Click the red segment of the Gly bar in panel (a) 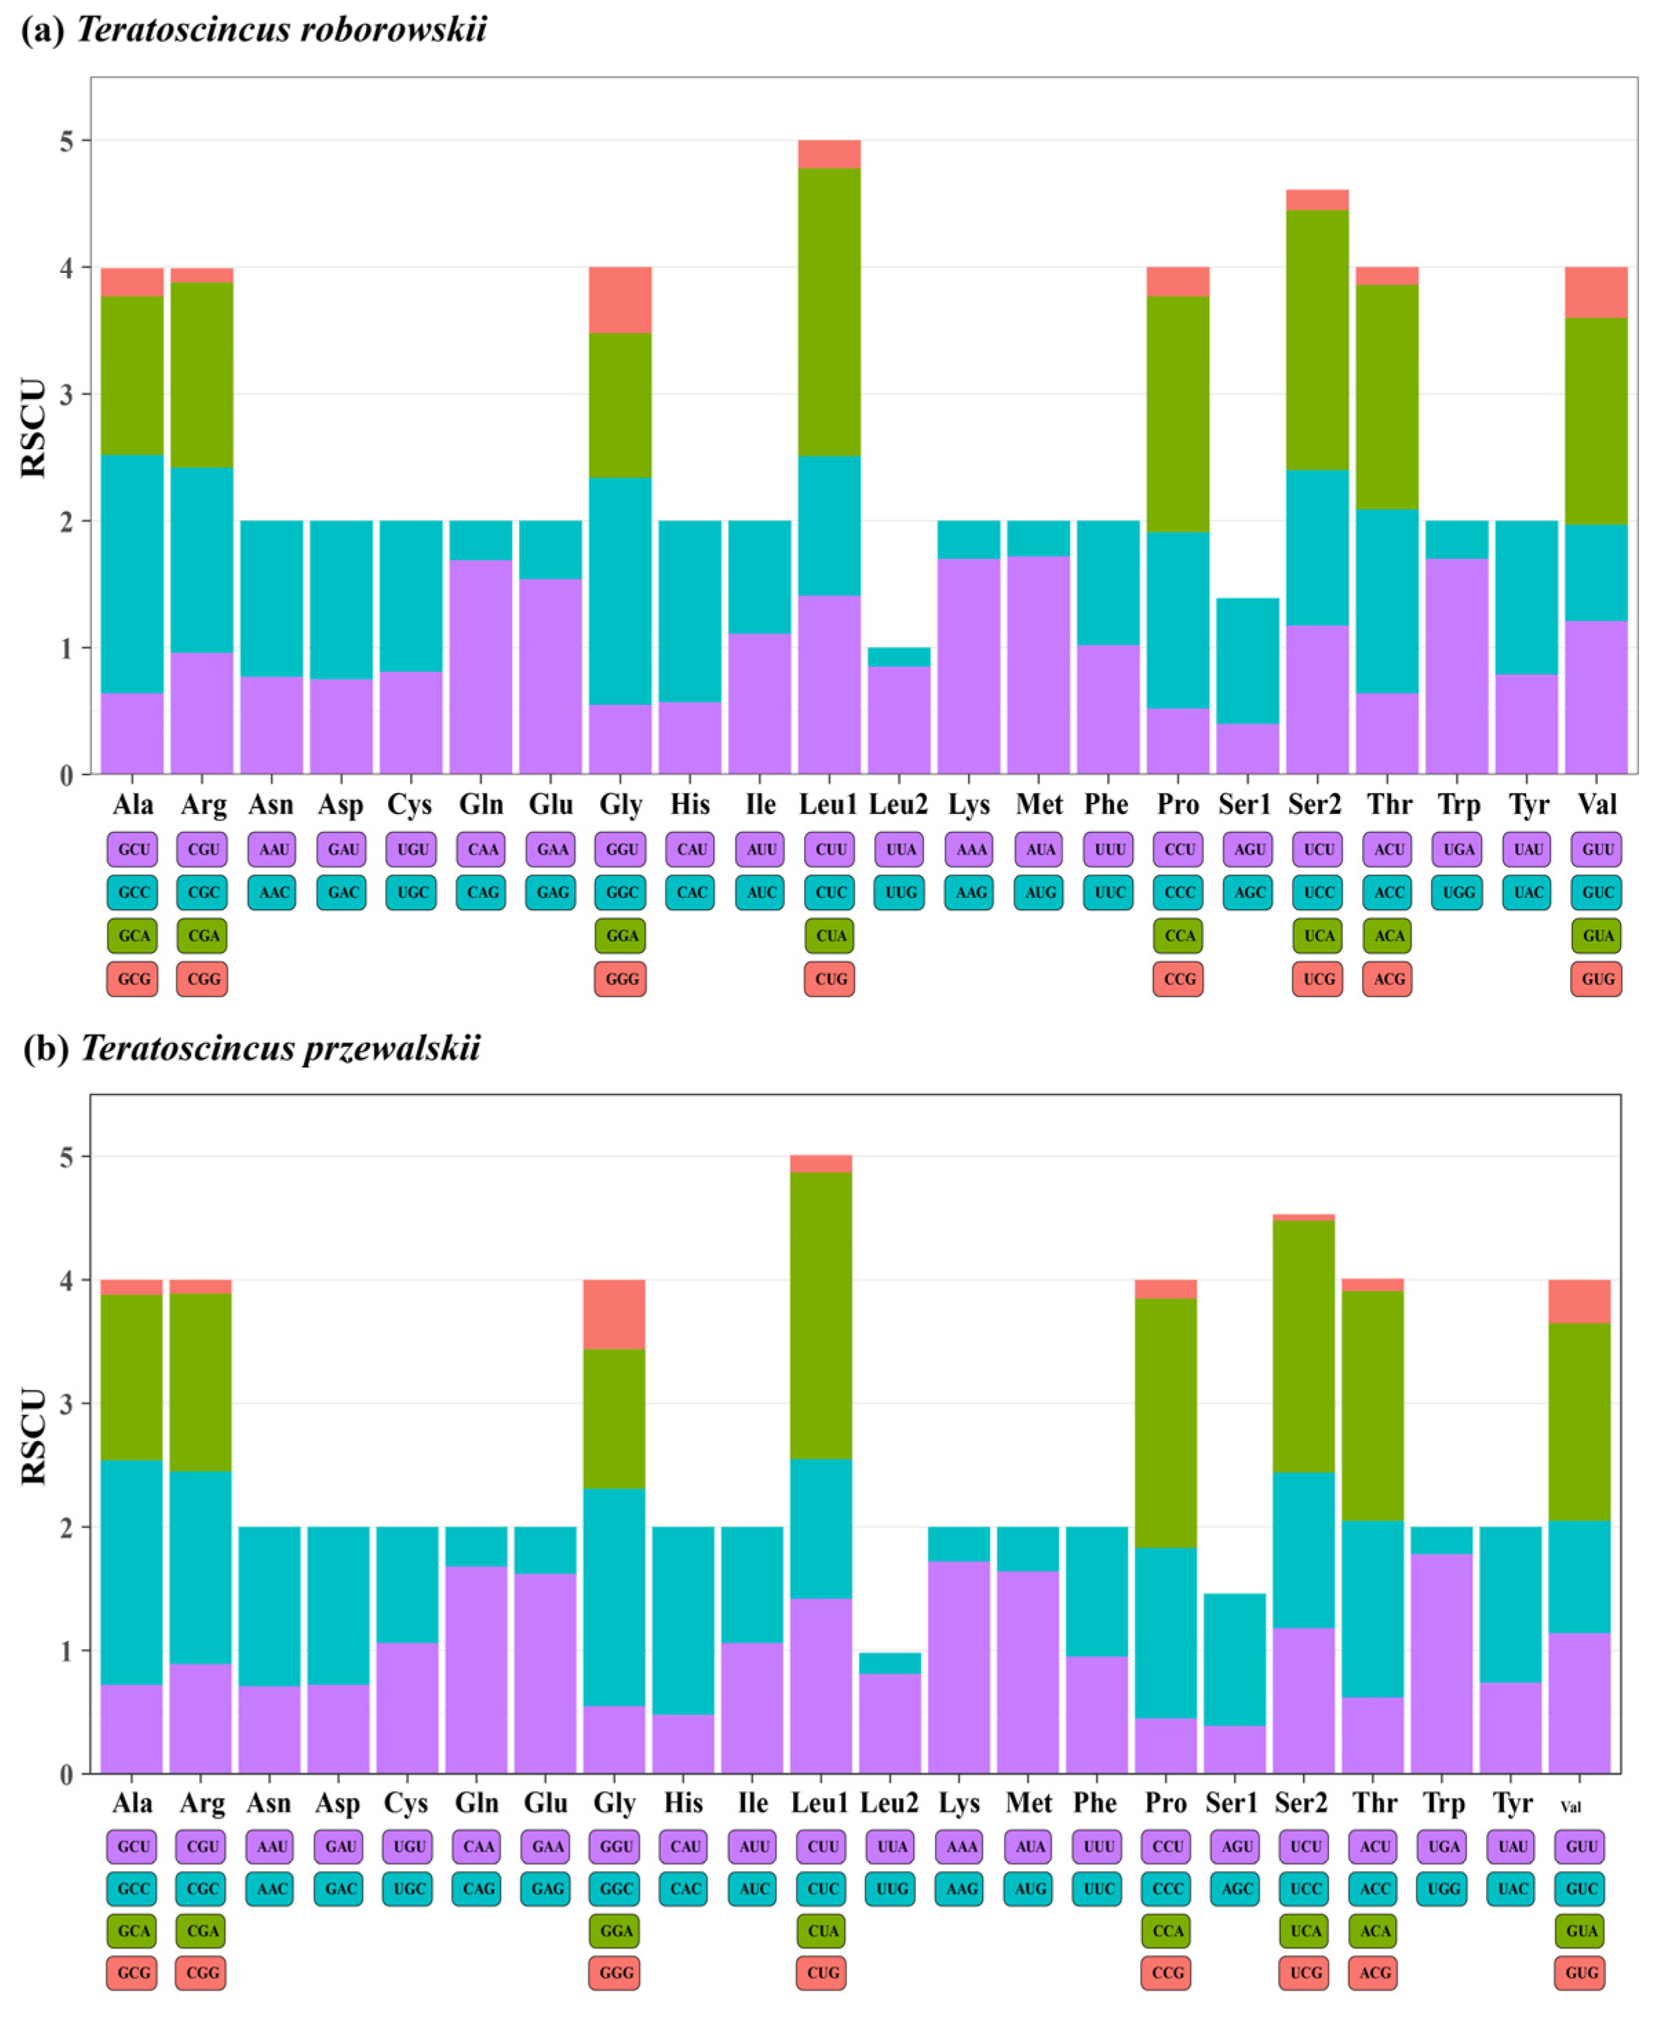pos(620,299)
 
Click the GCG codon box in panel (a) pos(133,979)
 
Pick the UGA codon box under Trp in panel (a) pos(1459,849)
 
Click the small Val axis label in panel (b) pos(1570,1806)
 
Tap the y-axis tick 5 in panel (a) pos(66,141)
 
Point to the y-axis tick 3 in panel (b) pos(66,1404)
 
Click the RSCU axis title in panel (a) pos(34,427)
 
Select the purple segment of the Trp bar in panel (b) pos(1441,1663)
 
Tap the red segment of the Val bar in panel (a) pos(1595,292)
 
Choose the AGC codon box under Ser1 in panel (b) pos(1236,1889)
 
